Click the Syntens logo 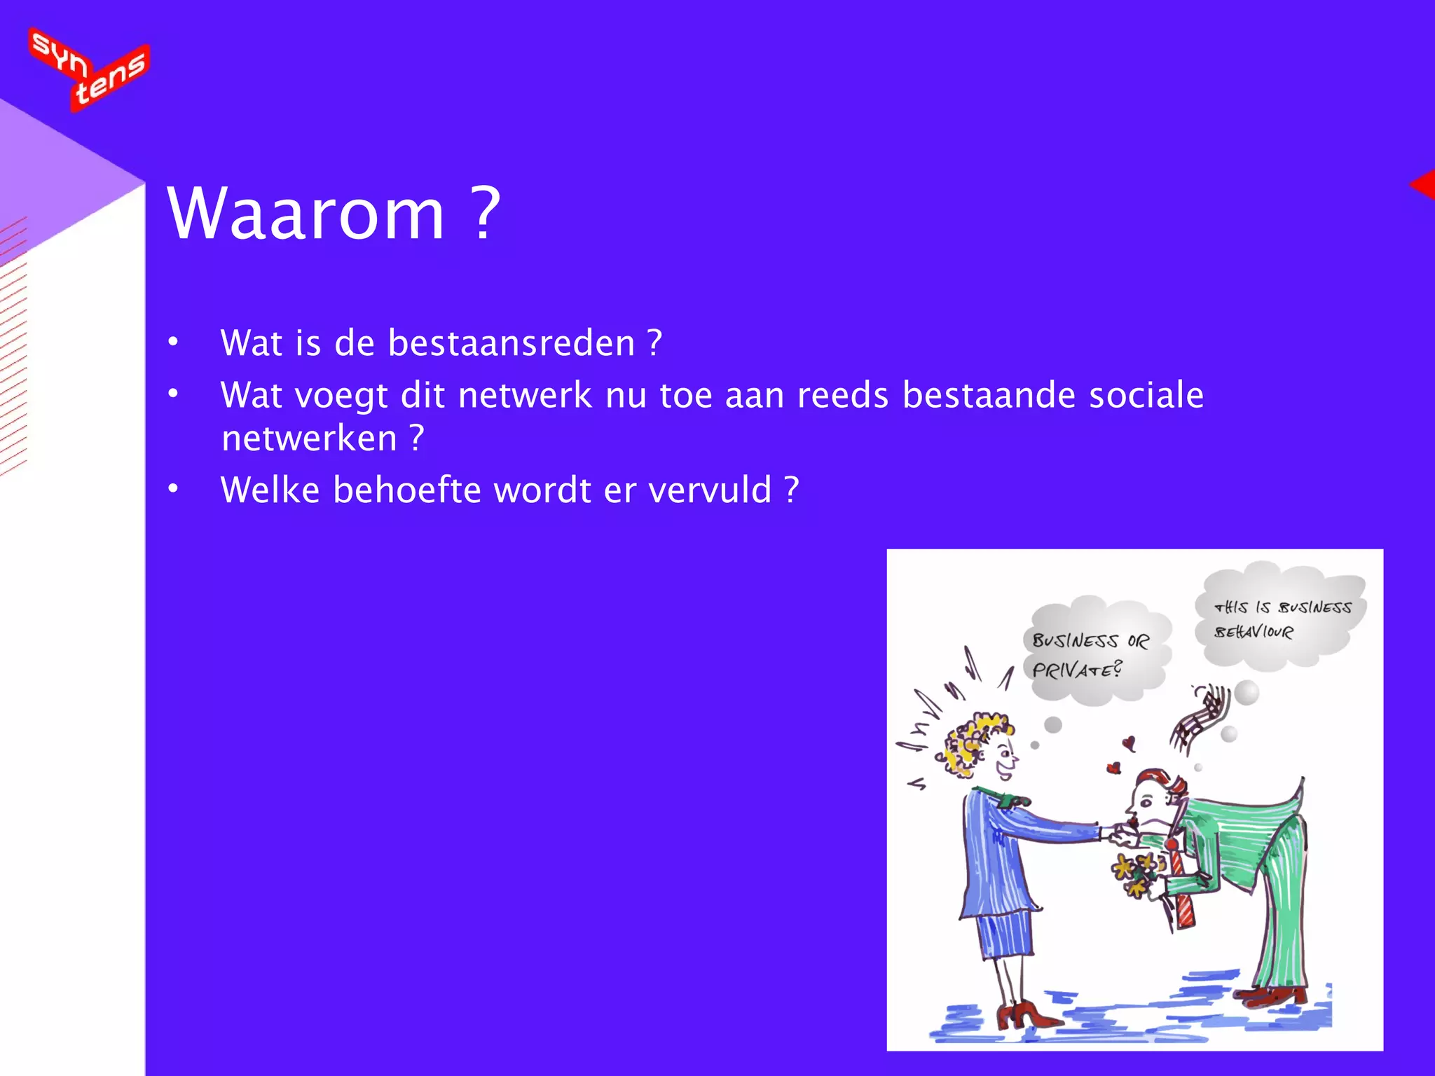(89, 69)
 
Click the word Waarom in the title (305, 214)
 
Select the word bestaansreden (511, 343)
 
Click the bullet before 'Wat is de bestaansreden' (173, 343)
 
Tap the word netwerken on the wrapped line (309, 439)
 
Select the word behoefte (407, 490)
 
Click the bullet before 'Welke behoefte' (173, 490)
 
